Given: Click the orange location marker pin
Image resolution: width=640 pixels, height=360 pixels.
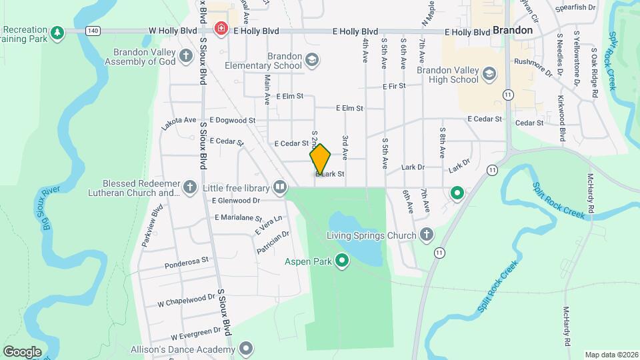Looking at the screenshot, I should [x=320, y=159].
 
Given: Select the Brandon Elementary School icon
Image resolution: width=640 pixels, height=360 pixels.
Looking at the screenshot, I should [x=311, y=61].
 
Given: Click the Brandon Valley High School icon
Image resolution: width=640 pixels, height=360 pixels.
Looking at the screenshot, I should [x=490, y=74].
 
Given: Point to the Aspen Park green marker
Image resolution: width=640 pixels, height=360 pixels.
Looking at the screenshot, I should [x=343, y=261].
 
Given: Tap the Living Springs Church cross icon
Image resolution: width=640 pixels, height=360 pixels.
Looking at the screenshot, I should [x=426, y=235].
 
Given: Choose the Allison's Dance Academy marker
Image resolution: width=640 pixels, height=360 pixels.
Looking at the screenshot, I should [x=247, y=347].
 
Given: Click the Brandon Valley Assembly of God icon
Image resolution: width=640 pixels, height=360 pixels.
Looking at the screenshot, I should [x=187, y=57].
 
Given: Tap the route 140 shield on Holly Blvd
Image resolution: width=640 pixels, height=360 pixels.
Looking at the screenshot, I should [x=93, y=31].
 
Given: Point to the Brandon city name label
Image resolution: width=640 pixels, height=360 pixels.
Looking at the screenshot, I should [x=513, y=31].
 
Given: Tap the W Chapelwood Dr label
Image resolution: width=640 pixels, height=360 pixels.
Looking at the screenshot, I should [x=186, y=300].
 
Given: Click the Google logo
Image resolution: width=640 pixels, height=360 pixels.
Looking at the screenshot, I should [x=22, y=351].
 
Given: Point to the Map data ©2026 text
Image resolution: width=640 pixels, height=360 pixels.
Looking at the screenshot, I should [x=611, y=355].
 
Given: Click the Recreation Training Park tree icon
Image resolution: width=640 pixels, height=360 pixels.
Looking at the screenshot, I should [x=58, y=32].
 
